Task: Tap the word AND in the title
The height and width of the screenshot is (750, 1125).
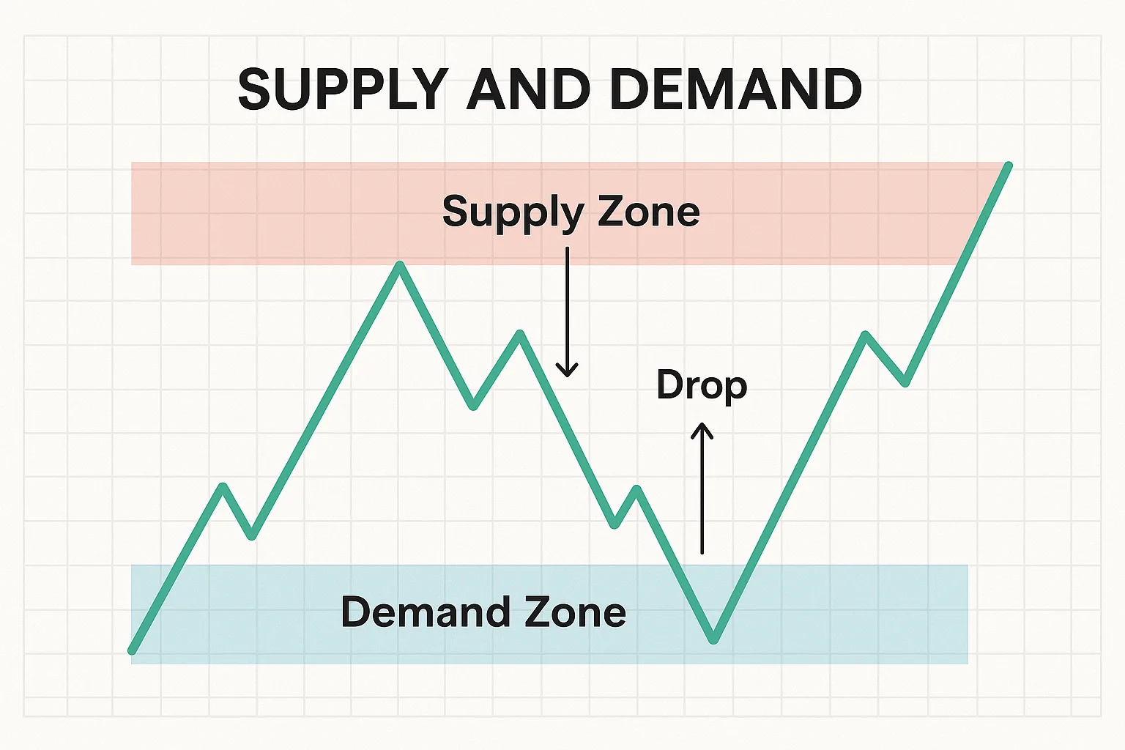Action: tap(530, 89)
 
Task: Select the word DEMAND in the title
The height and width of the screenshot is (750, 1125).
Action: tap(736, 89)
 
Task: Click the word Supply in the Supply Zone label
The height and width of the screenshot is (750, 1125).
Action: tap(513, 214)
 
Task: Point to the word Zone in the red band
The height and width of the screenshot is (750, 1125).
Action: tap(649, 212)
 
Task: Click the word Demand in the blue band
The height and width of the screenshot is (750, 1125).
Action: tap(425, 612)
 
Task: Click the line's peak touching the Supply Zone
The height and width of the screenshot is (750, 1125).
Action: tap(400, 264)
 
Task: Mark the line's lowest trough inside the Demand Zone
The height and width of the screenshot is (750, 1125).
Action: tap(713, 639)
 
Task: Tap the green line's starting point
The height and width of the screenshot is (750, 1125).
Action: tap(132, 651)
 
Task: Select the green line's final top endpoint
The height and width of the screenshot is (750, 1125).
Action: tap(1008, 166)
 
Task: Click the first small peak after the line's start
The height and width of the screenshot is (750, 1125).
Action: tap(223, 487)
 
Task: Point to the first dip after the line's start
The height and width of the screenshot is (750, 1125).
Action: tap(252, 536)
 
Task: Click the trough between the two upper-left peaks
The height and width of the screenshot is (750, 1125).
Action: tap(473, 406)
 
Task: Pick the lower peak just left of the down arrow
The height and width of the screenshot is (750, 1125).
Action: tap(520, 333)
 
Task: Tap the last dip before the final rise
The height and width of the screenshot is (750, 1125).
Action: tap(905, 383)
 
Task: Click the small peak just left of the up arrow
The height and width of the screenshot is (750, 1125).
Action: tap(636, 489)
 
